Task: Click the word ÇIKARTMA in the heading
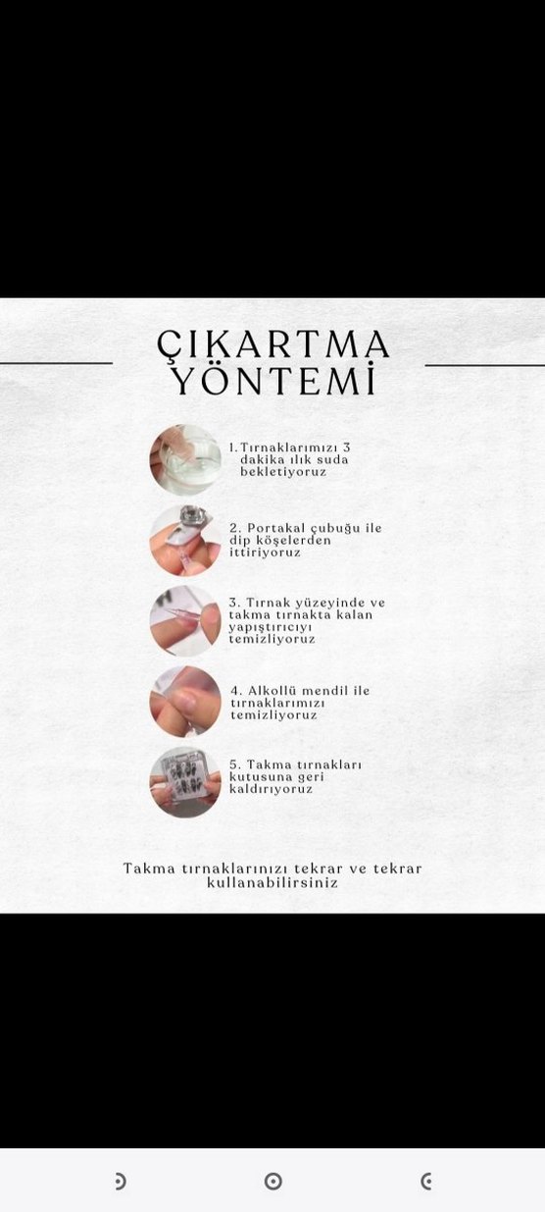tap(273, 344)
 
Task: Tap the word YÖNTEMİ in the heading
tap(273, 381)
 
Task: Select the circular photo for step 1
tap(185, 459)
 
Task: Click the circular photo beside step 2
tap(185, 540)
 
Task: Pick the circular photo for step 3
tap(185, 620)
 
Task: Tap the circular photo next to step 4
tap(185, 702)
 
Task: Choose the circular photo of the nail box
tap(185, 782)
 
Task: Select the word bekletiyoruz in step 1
tap(283, 472)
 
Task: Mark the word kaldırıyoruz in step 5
tap(271, 789)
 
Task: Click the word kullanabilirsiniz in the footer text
tap(272, 882)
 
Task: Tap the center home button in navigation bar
tap(273, 1182)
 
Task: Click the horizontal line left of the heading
tap(56, 363)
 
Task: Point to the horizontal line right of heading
tap(484, 365)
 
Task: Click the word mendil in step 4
tap(328, 691)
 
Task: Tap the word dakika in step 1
tap(264, 459)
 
